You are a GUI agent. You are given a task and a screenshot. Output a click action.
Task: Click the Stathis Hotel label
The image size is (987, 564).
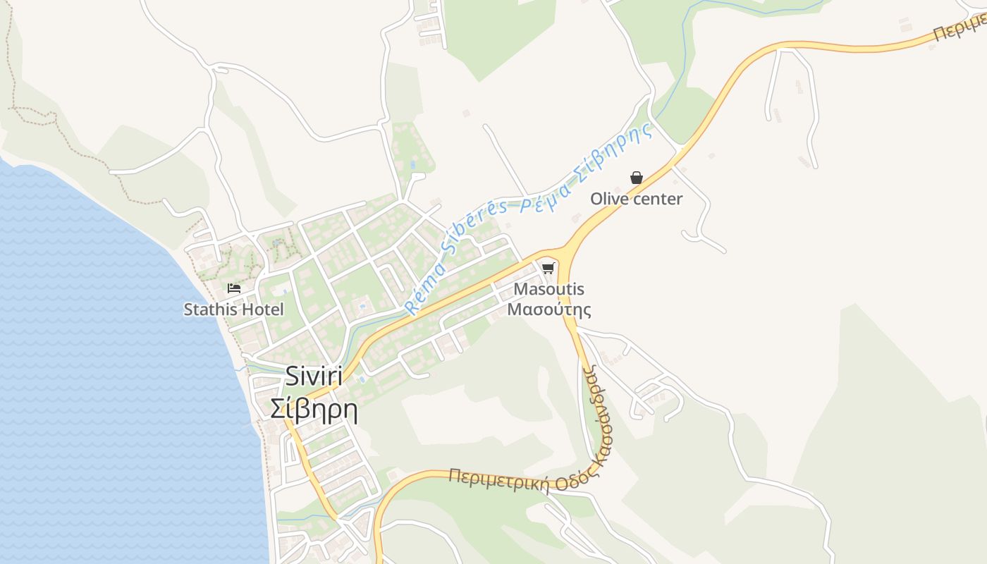[233, 309]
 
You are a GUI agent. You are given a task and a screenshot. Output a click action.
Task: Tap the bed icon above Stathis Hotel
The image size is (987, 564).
[234, 288]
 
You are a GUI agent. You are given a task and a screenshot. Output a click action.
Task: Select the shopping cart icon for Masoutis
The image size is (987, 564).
[548, 269]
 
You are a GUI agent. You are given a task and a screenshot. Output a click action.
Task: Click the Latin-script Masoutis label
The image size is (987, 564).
[548, 289]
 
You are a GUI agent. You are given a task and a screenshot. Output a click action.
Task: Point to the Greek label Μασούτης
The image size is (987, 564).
[548, 309]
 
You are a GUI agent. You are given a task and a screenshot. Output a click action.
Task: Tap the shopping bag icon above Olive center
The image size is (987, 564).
[636, 178]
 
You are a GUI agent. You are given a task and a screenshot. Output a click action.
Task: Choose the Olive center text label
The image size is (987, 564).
[636, 199]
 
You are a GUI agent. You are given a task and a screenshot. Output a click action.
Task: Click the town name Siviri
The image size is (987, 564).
[314, 377]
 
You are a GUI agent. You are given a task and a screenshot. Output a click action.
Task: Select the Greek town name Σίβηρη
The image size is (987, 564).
[314, 409]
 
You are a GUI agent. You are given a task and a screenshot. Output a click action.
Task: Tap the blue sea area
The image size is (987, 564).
[106, 388]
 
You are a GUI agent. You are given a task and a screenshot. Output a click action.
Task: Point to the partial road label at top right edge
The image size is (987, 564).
[959, 28]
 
